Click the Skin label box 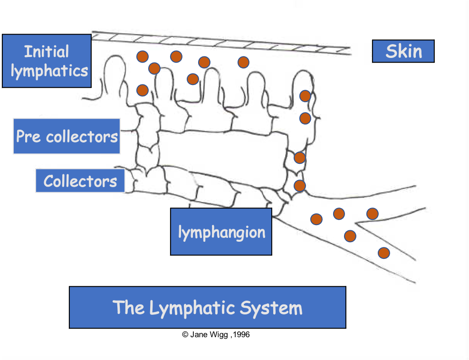[403, 51]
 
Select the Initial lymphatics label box [47, 61]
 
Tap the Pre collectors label [67, 136]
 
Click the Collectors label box [80, 181]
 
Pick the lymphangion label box [221, 232]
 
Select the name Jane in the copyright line [198, 335]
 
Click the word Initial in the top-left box [47, 51]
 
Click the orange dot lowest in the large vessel [383, 253]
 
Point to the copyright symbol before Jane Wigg [185, 335]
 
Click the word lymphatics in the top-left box [49, 71]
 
